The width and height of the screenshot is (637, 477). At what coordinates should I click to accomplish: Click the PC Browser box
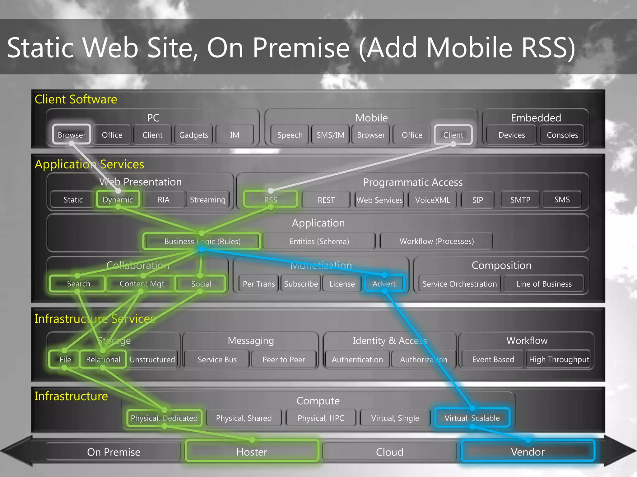pos(72,134)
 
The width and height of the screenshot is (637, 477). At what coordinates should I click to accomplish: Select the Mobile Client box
pos(453,135)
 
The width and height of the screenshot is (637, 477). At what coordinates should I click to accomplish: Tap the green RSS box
pos(271,200)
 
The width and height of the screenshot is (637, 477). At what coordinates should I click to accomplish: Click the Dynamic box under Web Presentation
pos(118,199)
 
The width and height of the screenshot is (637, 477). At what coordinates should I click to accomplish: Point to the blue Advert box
pos(384,284)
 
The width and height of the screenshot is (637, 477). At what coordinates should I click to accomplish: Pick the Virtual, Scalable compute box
pos(472,418)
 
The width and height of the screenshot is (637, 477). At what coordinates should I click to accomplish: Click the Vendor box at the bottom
pos(528,452)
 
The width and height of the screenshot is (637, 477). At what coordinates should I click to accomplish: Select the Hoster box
pos(252,452)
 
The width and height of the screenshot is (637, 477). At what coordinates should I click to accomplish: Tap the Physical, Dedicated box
pos(164,418)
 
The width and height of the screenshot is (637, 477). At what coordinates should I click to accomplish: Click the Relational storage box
pos(103,359)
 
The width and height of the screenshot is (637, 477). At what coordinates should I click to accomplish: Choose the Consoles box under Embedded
pos(562,135)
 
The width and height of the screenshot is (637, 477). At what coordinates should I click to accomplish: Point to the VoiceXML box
pos(432,200)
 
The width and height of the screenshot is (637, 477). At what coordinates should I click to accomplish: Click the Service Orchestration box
pos(459,284)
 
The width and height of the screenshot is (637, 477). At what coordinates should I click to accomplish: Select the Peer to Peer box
pos(283,359)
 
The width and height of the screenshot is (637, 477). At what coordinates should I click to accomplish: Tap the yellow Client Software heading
pos(76,99)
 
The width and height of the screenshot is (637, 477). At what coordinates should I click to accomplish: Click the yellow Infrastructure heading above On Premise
pos(71,396)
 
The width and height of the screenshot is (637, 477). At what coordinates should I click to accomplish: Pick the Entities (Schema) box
pos(319,241)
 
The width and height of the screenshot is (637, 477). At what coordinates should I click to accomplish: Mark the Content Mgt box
pos(142,284)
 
